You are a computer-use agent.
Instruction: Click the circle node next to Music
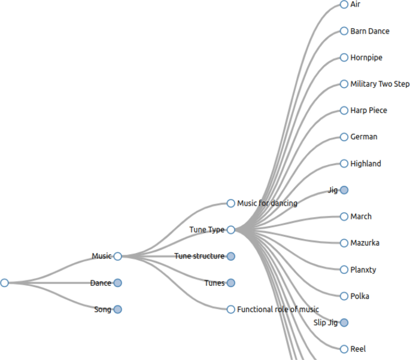click(x=117, y=256)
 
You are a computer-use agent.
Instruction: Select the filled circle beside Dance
click(x=117, y=283)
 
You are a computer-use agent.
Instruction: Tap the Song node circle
click(x=117, y=309)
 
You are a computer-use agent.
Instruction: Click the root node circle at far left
click(x=5, y=283)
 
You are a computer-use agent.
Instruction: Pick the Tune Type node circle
click(x=231, y=230)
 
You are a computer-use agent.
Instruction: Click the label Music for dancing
click(x=267, y=203)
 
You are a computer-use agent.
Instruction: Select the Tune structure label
click(x=199, y=256)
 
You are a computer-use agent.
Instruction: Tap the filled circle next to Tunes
click(x=231, y=283)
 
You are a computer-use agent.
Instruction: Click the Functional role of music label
click(x=278, y=309)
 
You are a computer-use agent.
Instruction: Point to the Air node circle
click(x=344, y=4)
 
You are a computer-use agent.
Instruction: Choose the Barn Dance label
click(x=370, y=31)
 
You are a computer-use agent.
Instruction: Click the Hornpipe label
click(x=366, y=57)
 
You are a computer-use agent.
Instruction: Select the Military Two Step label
click(x=380, y=84)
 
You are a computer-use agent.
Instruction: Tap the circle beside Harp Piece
click(x=344, y=111)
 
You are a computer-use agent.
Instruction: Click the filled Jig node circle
click(x=344, y=190)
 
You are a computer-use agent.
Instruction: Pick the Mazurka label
click(x=365, y=243)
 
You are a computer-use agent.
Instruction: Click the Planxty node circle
click(x=344, y=270)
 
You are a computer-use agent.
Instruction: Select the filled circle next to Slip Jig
click(x=344, y=322)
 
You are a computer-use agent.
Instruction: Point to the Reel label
click(x=358, y=349)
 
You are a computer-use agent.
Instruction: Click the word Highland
click(x=366, y=163)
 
